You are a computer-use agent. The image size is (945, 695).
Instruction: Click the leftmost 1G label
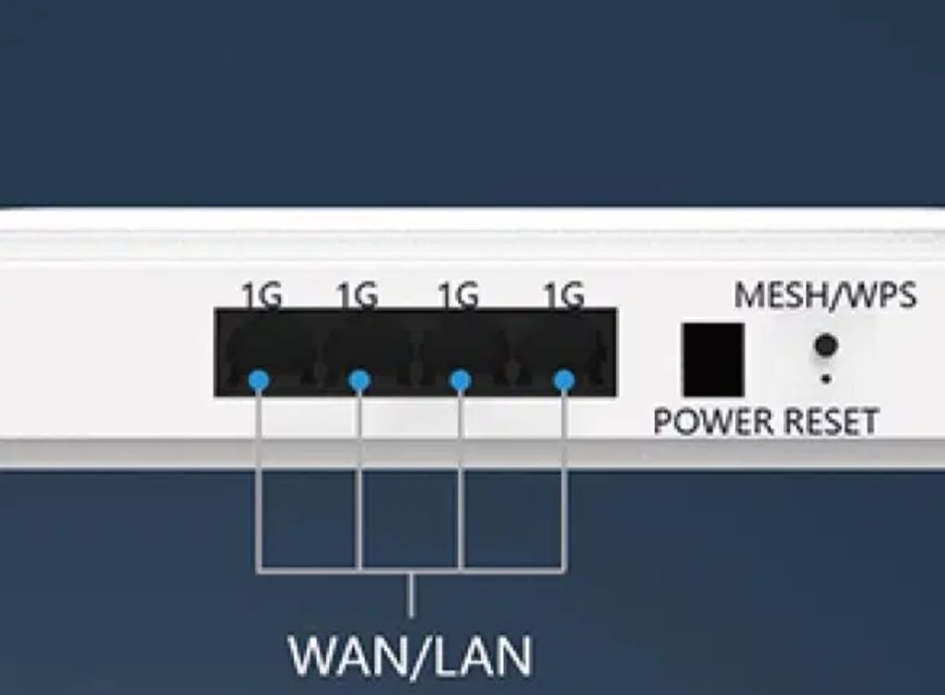point(261,295)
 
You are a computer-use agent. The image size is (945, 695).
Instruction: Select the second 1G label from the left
point(357,295)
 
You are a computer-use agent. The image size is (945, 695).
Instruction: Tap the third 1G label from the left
point(458,295)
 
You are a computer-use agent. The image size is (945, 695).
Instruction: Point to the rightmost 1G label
point(563,295)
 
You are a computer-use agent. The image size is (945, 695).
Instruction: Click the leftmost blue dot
point(258,380)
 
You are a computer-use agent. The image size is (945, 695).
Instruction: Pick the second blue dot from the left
point(360,380)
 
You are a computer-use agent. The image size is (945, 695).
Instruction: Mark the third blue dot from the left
point(459,380)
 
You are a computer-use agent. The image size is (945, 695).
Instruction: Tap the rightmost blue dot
point(563,380)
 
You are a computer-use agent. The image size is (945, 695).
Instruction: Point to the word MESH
point(780,295)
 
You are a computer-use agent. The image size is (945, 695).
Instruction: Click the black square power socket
point(712,359)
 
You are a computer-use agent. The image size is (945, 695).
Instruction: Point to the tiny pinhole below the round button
point(825,379)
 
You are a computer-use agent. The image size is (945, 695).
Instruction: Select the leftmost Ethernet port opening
point(266,353)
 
